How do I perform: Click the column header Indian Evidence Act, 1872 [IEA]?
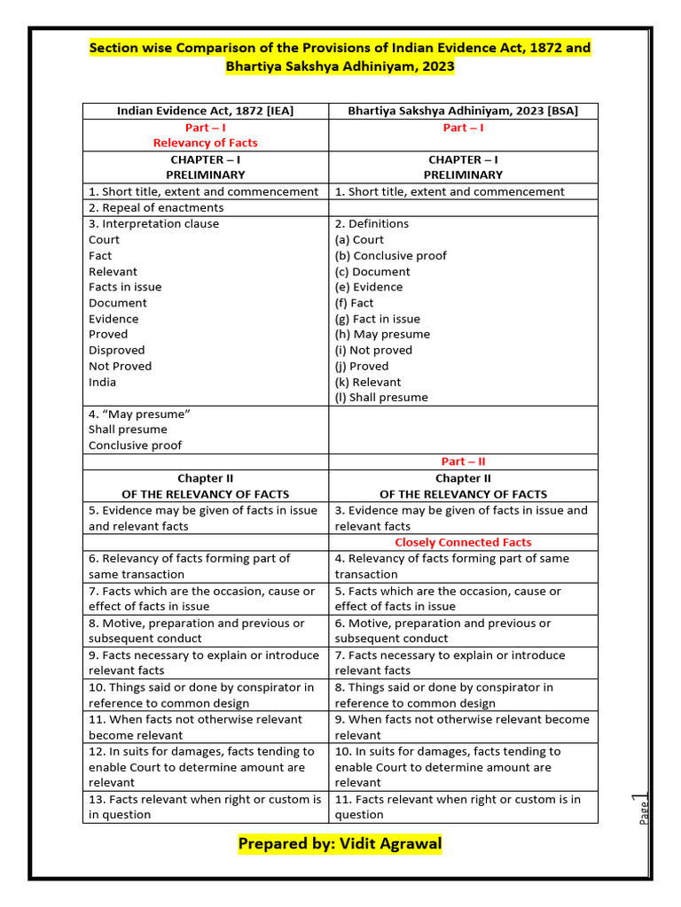coord(205,111)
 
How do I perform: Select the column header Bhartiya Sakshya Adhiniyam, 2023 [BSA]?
coord(463,111)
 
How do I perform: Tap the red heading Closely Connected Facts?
coord(463,542)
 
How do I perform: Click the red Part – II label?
coord(463,461)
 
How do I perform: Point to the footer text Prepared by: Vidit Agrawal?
coord(340,843)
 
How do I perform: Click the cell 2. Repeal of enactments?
coord(156,207)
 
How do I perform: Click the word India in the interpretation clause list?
coord(102,382)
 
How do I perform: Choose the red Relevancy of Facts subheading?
coord(205,143)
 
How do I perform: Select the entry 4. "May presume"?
coord(139,414)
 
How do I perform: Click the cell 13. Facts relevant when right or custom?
coord(205,807)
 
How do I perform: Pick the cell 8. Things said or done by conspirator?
coord(443,694)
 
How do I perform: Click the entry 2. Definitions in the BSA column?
coord(372,223)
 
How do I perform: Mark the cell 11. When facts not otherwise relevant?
coord(195,727)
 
